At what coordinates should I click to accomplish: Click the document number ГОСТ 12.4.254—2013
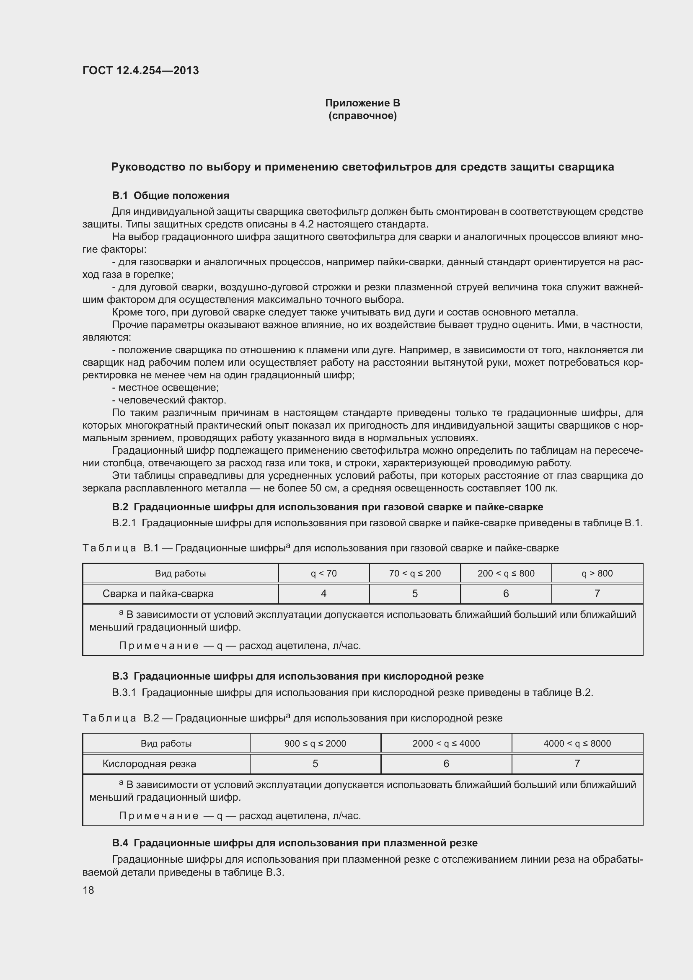(140, 70)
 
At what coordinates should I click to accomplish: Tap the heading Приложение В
(362, 103)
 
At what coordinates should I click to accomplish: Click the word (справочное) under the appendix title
(362, 116)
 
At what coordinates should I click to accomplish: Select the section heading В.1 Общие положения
(170, 196)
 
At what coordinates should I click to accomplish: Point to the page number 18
(88, 890)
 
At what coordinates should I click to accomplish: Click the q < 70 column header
(323, 573)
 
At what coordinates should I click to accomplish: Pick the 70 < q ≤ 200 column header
(414, 573)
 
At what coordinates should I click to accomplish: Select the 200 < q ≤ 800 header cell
(506, 573)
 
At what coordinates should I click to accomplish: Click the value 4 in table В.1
(323, 593)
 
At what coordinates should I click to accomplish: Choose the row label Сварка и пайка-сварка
(158, 593)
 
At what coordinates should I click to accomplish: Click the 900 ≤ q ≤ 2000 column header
(315, 743)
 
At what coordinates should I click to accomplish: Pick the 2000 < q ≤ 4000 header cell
(446, 743)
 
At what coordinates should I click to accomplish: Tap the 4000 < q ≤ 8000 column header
(577, 743)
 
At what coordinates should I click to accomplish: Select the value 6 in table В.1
(506, 593)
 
